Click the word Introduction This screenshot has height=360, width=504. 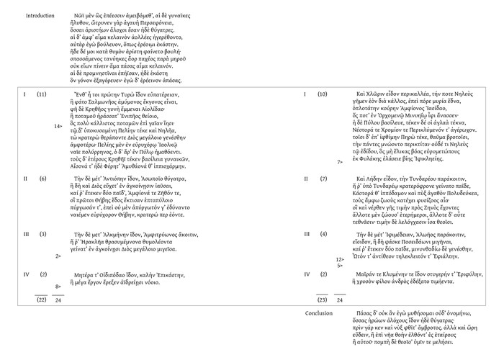coord(40,16)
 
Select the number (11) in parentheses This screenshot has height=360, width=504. coord(42,94)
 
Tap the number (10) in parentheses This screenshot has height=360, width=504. coord(323,94)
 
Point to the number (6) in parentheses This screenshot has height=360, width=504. coord(42,178)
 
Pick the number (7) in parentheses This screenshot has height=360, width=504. coord(323,178)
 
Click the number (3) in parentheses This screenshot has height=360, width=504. coord(42,234)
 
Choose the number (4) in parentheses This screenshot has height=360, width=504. coord(323,234)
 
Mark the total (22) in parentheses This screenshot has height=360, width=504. coord(42,300)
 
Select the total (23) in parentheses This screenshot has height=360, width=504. coord(323,300)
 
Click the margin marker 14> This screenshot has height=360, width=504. coord(58,125)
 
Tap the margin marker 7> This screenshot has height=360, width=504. coord(340,162)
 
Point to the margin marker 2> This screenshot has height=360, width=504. coord(58,256)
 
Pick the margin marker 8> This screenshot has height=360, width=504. coord(58,287)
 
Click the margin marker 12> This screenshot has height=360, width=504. coord(339,259)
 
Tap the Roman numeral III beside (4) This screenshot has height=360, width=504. coord(307,234)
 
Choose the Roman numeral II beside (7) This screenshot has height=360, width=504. coord(307,178)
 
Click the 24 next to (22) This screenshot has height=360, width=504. coord(58,300)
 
